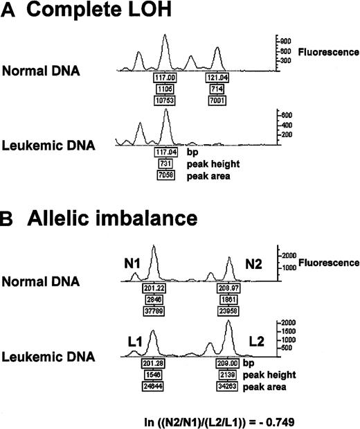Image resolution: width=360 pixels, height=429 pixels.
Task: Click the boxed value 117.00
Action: (166, 79)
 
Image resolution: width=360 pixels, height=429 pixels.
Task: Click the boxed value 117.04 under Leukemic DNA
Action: (166, 152)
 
